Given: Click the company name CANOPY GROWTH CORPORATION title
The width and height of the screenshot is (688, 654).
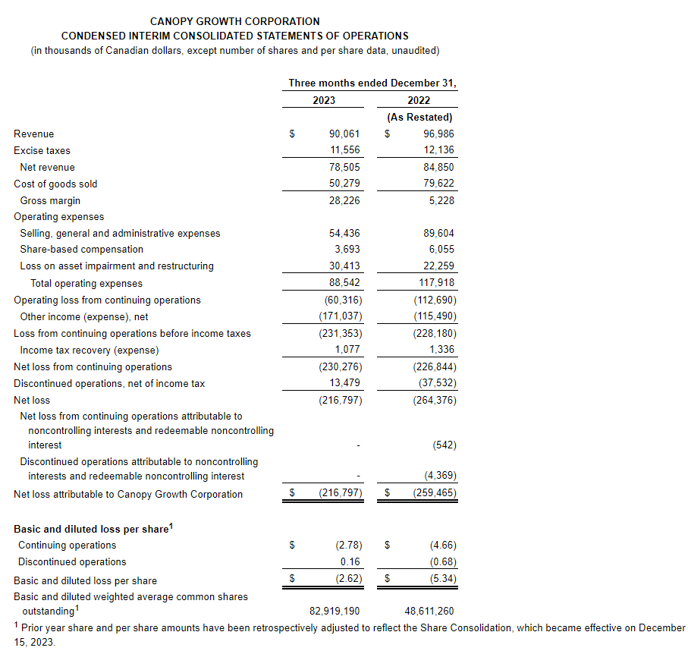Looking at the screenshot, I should pyautogui.click(x=234, y=21).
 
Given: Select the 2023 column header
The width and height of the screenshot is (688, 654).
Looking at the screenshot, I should pyautogui.click(x=323, y=100).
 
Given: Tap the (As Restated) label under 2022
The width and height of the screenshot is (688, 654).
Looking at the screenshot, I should pyautogui.click(x=419, y=117).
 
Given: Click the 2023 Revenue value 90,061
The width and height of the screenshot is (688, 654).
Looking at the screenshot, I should pyautogui.click(x=344, y=134).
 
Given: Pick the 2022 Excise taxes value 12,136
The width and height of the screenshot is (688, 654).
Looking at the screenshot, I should pyautogui.click(x=439, y=150).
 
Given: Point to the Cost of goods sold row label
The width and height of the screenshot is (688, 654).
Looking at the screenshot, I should pyautogui.click(x=55, y=184).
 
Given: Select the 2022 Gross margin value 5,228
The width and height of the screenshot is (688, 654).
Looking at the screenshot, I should pyautogui.click(x=441, y=200).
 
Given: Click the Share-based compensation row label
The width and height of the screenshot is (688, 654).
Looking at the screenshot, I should pyautogui.click(x=81, y=249).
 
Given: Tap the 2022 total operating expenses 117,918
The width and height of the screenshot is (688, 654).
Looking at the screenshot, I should pyautogui.click(x=435, y=283).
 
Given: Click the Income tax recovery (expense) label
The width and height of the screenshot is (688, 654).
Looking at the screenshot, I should pyautogui.click(x=89, y=350).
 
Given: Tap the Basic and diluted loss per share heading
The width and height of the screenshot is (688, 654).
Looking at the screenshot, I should pyautogui.click(x=93, y=529).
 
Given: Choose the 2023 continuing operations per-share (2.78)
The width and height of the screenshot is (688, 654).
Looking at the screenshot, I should pyautogui.click(x=348, y=545).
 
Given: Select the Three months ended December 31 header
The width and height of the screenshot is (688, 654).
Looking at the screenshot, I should pyautogui.click(x=372, y=83).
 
